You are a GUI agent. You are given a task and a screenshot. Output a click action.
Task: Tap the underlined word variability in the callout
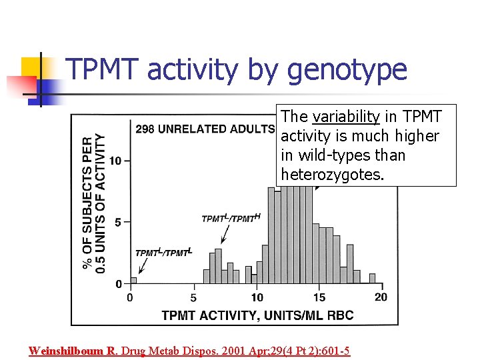click(345, 117)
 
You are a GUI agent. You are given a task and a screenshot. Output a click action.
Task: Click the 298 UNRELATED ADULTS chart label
click(205, 129)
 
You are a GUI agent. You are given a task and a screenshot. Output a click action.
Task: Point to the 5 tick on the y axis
click(119, 222)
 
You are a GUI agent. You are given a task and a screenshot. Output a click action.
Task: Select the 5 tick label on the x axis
click(193, 297)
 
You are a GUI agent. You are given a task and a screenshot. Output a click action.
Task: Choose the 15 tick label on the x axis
click(319, 297)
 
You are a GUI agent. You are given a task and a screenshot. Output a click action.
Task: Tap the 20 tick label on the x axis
click(381, 297)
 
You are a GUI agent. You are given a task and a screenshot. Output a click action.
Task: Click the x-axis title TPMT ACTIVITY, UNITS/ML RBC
click(257, 315)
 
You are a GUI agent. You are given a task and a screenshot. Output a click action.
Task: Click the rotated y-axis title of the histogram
click(94, 203)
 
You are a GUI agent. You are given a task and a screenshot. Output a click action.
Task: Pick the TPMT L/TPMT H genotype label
click(231, 219)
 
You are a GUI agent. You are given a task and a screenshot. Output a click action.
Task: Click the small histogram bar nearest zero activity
click(133, 280)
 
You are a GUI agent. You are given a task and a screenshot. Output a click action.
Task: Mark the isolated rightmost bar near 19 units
click(371, 279)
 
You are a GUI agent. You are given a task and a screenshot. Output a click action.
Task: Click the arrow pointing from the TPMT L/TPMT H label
click(224, 233)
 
